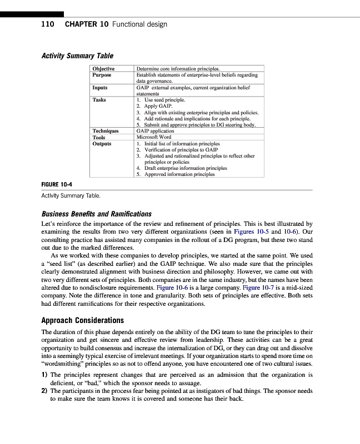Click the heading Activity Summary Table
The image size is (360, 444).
(x=78, y=56)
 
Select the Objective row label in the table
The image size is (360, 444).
(x=103, y=69)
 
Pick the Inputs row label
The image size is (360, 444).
(x=100, y=87)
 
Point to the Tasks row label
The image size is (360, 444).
(x=99, y=100)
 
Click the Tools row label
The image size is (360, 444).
(x=99, y=137)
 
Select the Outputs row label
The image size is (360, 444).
(x=102, y=143)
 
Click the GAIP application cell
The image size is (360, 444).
(x=155, y=131)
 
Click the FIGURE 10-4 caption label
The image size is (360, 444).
(x=58, y=184)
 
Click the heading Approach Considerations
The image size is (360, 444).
(x=83, y=320)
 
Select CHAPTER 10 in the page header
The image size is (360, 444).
(x=86, y=24)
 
